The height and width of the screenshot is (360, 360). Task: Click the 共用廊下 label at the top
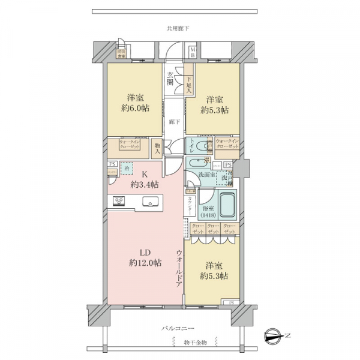(x=179, y=28)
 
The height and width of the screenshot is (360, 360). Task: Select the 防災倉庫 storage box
(x=122, y=52)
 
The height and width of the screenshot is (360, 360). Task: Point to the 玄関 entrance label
(x=170, y=79)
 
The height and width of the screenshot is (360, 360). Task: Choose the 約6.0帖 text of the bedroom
(x=137, y=108)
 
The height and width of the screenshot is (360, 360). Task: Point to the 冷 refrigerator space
(x=126, y=169)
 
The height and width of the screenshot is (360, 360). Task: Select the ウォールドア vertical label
(x=179, y=269)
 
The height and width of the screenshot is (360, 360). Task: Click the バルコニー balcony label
(x=178, y=329)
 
